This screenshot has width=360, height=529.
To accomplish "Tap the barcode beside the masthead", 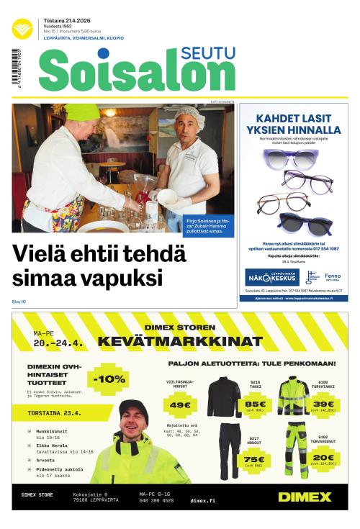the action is pyautogui.click(x=16, y=68).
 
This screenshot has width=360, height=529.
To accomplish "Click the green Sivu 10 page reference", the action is pyautogui.click(x=19, y=302).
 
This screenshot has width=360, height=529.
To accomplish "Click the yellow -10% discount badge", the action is pyautogui.click(x=109, y=379).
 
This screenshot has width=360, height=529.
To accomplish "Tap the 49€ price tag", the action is pyautogui.click(x=178, y=405).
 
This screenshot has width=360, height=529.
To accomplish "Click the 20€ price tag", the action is pyautogui.click(x=323, y=458).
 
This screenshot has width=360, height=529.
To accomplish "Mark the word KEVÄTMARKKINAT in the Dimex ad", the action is pyautogui.click(x=180, y=340).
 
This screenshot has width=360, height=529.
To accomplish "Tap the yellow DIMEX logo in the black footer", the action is pyautogui.click(x=305, y=497).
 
